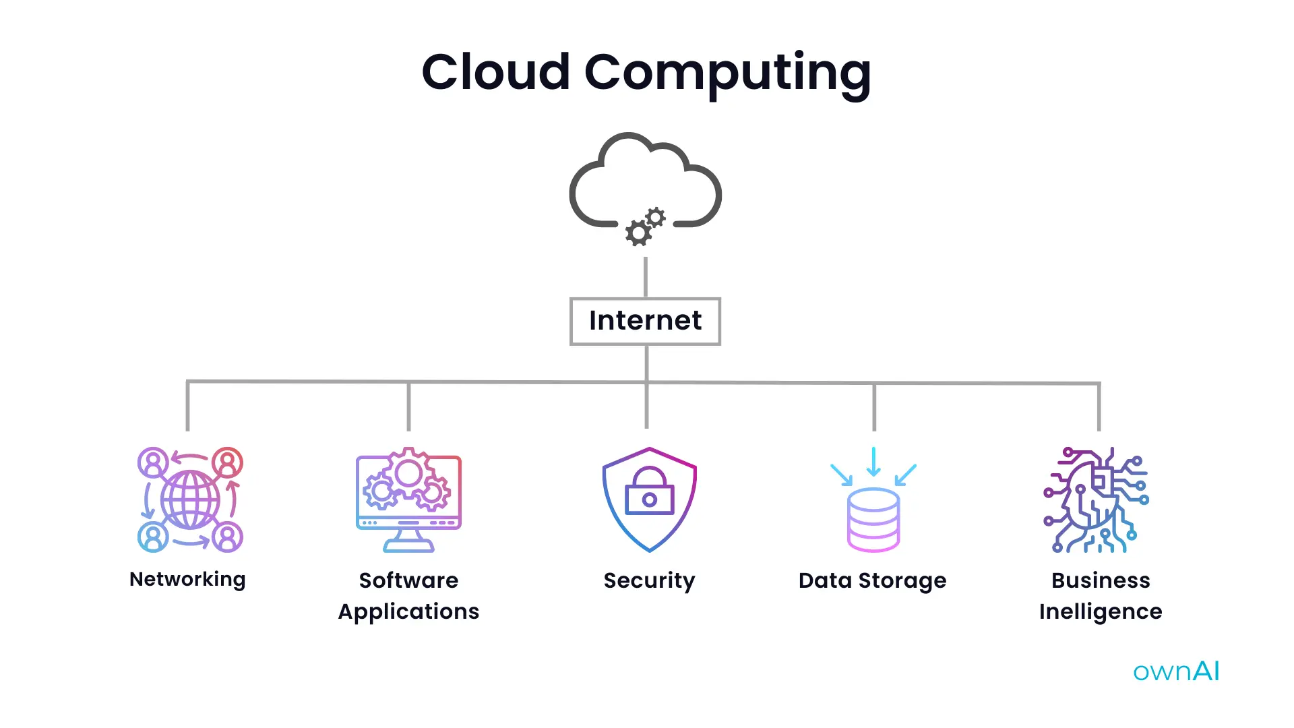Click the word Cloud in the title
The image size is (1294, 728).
pos(495,71)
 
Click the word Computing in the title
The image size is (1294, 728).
pos(727,73)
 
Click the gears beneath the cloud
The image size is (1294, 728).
pos(645,226)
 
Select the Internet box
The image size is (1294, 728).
pos(645,321)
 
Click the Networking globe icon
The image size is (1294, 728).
pos(190,500)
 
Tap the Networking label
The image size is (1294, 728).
pos(187,580)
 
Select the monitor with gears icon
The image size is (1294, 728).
pos(408,499)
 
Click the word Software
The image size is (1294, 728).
pos(408,580)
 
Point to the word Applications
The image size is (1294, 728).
pos(408,611)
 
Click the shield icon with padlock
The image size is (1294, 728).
pos(649,499)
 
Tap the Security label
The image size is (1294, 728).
pos(649,580)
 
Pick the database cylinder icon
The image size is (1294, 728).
pos(873,519)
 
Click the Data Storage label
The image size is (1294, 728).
pos(872,580)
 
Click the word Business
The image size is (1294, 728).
pos(1101,580)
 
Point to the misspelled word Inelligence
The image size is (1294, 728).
pos(1101,611)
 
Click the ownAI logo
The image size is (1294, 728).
pos(1176,671)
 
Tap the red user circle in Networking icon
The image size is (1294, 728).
pos(228,462)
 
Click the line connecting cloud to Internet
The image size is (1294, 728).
pos(646,276)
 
